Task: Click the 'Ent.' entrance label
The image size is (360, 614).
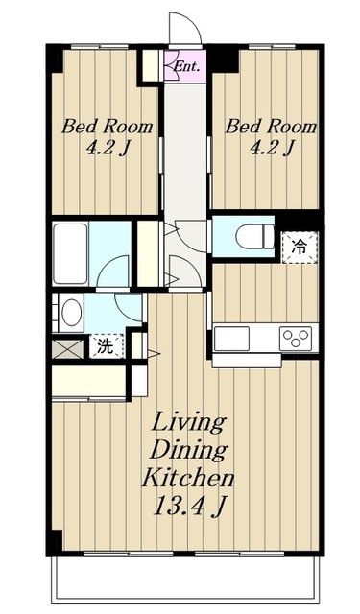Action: click(186, 66)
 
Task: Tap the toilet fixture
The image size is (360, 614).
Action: click(254, 237)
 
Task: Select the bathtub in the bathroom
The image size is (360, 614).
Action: click(70, 253)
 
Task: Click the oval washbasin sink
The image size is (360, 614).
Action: click(72, 312)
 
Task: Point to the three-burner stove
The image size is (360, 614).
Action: click(296, 339)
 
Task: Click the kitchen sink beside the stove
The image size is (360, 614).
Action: click(232, 339)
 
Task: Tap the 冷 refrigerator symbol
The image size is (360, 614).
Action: click(300, 248)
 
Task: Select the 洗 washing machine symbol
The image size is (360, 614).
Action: click(107, 346)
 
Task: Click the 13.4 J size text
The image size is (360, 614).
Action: click(189, 507)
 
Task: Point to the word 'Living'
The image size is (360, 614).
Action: click(189, 422)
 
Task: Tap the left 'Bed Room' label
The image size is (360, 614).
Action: click(107, 127)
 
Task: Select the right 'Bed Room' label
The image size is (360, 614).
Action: click(271, 127)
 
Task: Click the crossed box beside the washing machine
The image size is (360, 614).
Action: click(68, 349)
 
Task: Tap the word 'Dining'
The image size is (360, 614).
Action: click(189, 450)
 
